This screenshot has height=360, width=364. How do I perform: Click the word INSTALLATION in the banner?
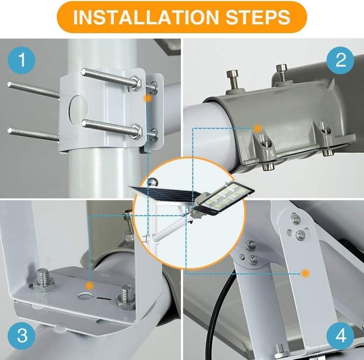click(x=146, y=17)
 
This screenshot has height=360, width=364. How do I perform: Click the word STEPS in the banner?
click(x=258, y=17)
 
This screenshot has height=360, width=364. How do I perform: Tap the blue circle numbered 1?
click(x=21, y=60)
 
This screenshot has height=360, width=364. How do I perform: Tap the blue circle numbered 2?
click(x=340, y=60)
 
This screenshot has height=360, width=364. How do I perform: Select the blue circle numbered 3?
click(x=21, y=335)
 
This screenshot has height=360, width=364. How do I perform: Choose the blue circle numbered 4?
click(x=340, y=335)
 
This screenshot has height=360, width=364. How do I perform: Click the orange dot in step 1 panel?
click(x=147, y=99)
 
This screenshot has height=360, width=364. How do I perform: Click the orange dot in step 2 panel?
click(x=258, y=128)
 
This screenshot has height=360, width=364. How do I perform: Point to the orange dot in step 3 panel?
click(x=89, y=285)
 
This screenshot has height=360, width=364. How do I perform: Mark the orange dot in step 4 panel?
click(x=306, y=274)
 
